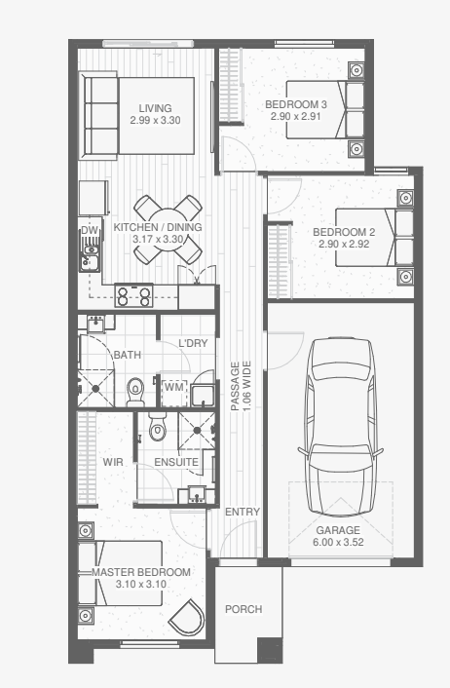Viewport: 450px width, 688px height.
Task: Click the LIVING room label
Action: click(155, 108)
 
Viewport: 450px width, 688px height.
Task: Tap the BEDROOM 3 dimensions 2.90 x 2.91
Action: click(295, 116)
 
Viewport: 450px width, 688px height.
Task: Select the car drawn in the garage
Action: click(341, 427)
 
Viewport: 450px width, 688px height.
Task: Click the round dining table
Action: click(168, 229)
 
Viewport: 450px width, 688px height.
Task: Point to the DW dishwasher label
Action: click(90, 231)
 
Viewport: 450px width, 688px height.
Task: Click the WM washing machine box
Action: click(174, 388)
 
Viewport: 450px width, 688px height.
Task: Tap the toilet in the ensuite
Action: click(157, 427)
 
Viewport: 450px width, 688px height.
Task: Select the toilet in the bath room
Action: click(135, 392)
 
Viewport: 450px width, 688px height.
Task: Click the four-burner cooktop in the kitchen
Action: click(133, 295)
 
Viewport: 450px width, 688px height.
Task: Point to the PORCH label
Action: click(244, 609)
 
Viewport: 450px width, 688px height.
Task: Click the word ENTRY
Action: click(243, 512)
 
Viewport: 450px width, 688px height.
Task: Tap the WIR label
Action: click(113, 462)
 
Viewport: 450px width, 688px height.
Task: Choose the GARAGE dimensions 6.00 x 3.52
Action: click(338, 542)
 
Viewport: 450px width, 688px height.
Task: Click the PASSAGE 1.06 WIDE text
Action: click(241, 386)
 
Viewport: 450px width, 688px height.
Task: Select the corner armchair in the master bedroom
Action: click(187, 617)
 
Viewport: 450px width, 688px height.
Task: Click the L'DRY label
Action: click(193, 343)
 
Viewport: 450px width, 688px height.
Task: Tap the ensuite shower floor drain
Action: click(197, 430)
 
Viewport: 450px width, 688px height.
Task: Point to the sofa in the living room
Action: click(99, 116)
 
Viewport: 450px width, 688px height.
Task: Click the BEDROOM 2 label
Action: click(344, 232)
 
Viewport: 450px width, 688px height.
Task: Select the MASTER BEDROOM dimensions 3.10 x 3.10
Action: click(141, 584)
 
